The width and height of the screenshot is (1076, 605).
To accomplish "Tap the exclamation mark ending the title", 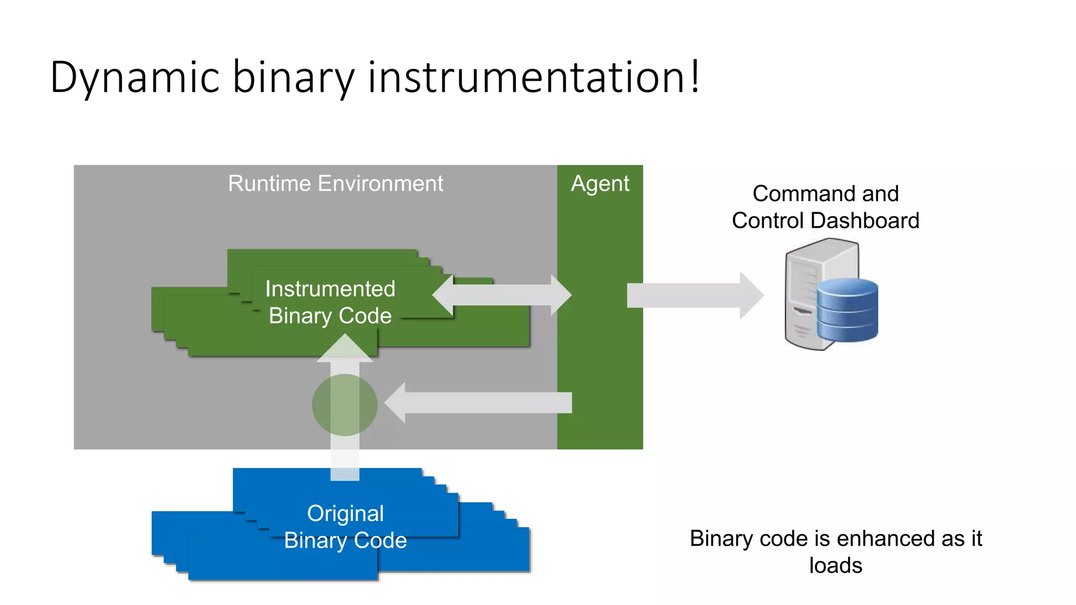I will pyautogui.click(x=695, y=77).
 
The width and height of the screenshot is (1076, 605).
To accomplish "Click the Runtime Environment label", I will pyautogui.click(x=335, y=184).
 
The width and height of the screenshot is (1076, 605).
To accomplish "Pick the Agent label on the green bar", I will pyautogui.click(x=600, y=184).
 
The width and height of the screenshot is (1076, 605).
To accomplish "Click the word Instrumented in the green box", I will pyautogui.click(x=330, y=289).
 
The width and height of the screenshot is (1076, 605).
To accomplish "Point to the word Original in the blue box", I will pyautogui.click(x=345, y=514).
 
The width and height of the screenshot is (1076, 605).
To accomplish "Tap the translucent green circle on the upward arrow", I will pyautogui.click(x=345, y=405).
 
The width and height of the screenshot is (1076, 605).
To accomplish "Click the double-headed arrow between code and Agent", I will pyautogui.click(x=502, y=295).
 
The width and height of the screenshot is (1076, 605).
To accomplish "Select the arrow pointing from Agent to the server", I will pyautogui.click(x=694, y=295).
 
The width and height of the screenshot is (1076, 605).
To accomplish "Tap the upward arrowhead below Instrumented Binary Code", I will pyautogui.click(x=345, y=349).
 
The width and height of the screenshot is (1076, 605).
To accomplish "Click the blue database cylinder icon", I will pyautogui.click(x=847, y=311).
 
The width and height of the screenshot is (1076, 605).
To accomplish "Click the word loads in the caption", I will pyautogui.click(x=835, y=566).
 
